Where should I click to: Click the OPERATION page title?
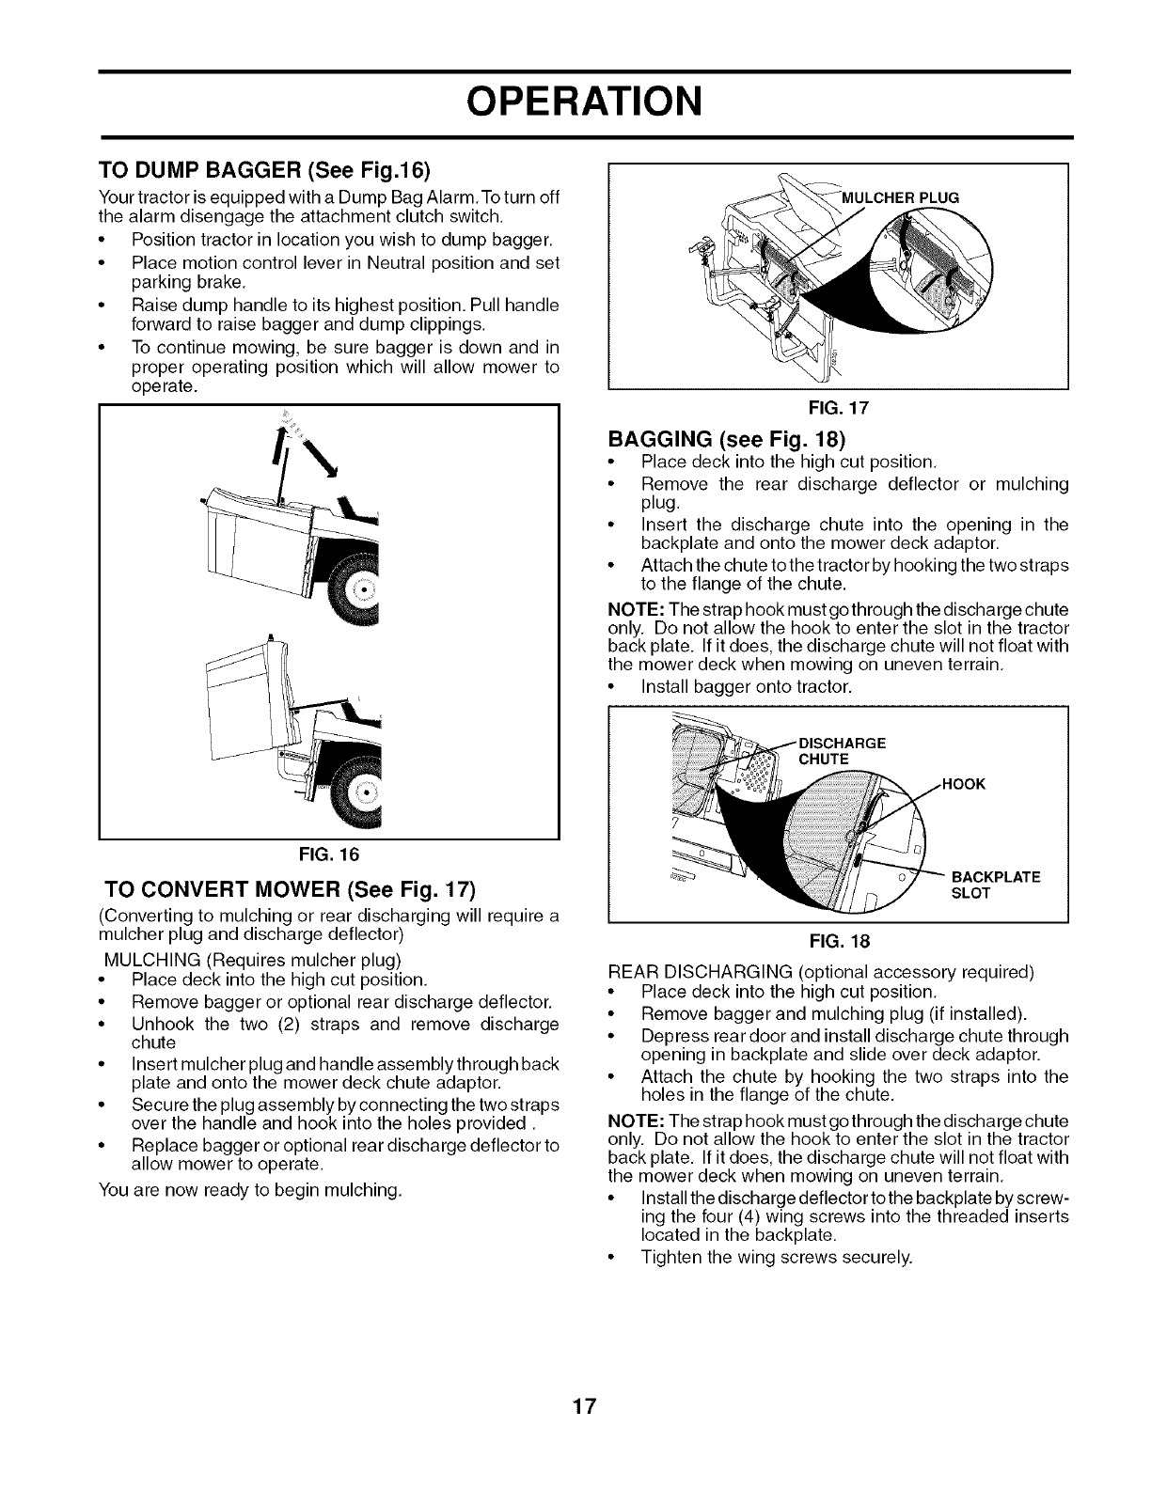click(x=575, y=102)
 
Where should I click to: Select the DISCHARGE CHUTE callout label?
click(x=842, y=750)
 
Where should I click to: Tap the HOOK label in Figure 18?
click(x=962, y=783)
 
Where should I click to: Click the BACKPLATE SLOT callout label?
click(x=995, y=885)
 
